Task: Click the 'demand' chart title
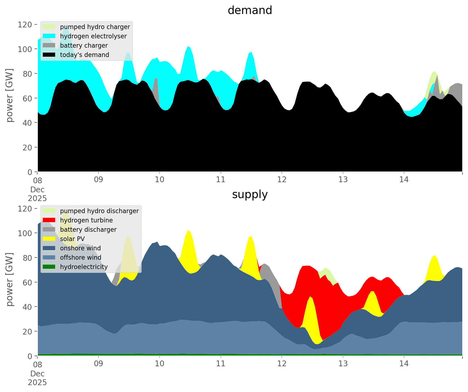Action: point(250,10)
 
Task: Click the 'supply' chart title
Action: point(250,194)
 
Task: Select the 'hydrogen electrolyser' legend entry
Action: point(93,36)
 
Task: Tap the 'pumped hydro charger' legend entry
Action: point(95,27)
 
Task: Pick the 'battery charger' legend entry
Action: point(84,45)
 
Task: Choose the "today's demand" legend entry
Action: point(84,55)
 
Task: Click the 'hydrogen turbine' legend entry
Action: point(86,220)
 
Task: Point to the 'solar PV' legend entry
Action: point(72,239)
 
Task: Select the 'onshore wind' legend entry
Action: point(80,248)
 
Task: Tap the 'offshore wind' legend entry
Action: point(81,257)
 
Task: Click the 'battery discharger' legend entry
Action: point(88,230)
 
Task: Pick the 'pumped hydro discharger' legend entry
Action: point(99,211)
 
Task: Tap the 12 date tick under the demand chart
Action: point(282,180)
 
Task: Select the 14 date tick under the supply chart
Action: point(404,364)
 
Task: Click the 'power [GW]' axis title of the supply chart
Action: point(10,279)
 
